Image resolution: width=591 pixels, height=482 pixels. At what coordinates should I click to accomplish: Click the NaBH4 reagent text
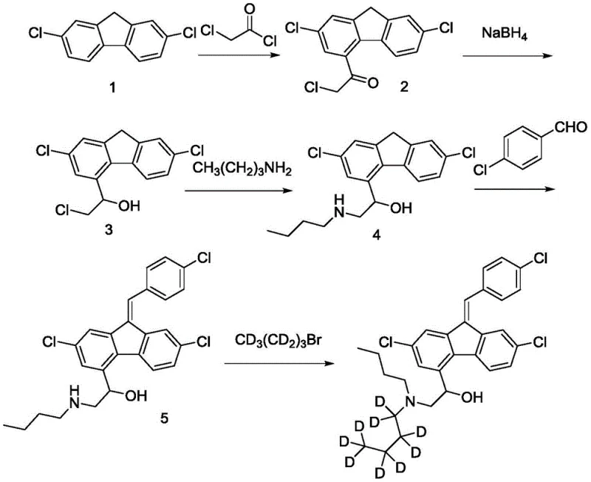coord(495,32)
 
